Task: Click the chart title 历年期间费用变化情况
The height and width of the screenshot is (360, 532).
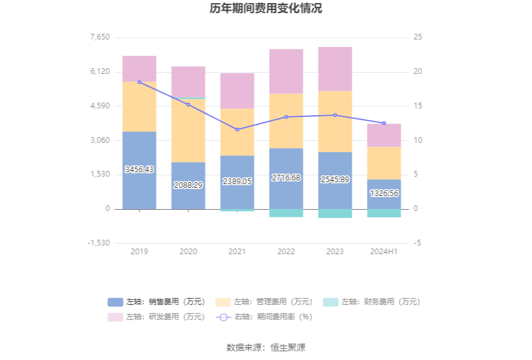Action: click(x=266, y=9)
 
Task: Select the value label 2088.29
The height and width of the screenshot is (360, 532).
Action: click(x=188, y=185)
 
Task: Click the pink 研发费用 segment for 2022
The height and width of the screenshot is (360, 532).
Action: click(x=286, y=71)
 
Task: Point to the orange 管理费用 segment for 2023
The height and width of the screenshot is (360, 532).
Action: click(x=335, y=121)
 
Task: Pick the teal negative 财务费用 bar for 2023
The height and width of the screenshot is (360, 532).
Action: click(x=335, y=213)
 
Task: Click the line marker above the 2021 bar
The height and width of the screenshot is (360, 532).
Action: click(x=237, y=130)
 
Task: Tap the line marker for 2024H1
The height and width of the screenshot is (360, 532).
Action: click(x=384, y=123)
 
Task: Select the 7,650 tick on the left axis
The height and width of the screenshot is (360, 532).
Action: click(x=100, y=37)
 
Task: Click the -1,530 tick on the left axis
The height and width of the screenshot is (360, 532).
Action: click(x=98, y=243)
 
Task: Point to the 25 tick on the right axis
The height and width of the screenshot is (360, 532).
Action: click(x=418, y=37)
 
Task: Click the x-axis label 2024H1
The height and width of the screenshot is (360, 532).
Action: click(x=384, y=252)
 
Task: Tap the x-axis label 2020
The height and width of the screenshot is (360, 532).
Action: click(x=188, y=252)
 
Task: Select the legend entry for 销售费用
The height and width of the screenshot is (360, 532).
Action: click(x=156, y=302)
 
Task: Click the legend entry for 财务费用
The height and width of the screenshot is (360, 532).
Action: click(x=372, y=302)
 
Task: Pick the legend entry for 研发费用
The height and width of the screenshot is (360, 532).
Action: click(x=156, y=317)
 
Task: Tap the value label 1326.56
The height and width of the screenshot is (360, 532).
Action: click(x=384, y=193)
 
